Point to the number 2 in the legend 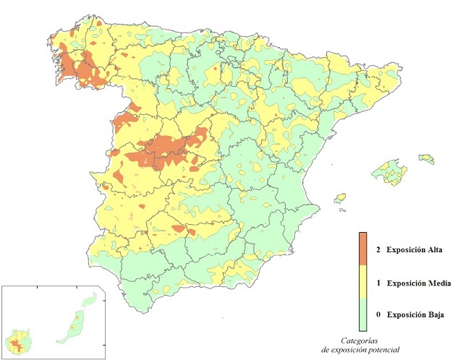(x=378, y=250)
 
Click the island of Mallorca (x=388, y=172)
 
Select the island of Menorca (x=426, y=157)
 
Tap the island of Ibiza (x=340, y=197)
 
